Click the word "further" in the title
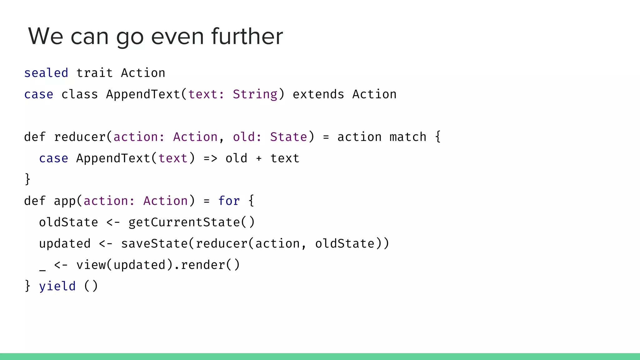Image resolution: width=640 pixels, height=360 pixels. click(x=247, y=36)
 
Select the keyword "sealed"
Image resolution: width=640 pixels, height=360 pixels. click(x=46, y=73)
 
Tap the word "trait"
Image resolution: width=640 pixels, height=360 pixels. click(x=94, y=73)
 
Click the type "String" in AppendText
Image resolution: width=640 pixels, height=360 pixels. click(x=255, y=94)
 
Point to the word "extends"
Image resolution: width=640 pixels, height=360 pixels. click(x=318, y=94)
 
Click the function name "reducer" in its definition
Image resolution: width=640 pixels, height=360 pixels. click(x=80, y=137)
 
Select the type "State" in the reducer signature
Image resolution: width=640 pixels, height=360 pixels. click(x=288, y=137)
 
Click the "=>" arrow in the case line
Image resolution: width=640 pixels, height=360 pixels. click(x=210, y=158)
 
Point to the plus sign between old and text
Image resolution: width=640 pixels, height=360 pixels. click(x=259, y=159)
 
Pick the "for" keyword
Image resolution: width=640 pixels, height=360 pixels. click(x=229, y=201)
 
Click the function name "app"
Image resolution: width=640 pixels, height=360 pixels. click(x=65, y=201)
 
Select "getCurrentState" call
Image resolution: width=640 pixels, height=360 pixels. click(x=184, y=222)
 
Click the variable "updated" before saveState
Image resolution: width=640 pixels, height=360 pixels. click(x=65, y=244)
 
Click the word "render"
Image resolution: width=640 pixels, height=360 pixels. click(x=203, y=265)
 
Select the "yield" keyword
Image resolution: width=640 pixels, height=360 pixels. click(x=57, y=286)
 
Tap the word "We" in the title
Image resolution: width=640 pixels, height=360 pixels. click(x=46, y=36)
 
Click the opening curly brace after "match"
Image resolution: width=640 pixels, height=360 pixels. click(x=438, y=137)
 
